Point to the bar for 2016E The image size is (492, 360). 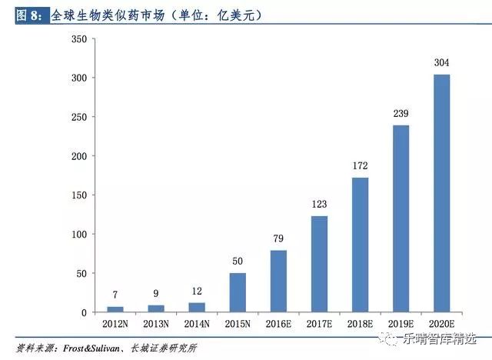pyautogui.click(x=278, y=281)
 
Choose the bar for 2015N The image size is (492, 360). pyautogui.click(x=238, y=292)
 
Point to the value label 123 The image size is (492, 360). pyautogui.click(x=319, y=205)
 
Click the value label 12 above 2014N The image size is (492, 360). pyautogui.click(x=197, y=292)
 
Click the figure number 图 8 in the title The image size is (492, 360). pyautogui.click(x=32, y=15)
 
